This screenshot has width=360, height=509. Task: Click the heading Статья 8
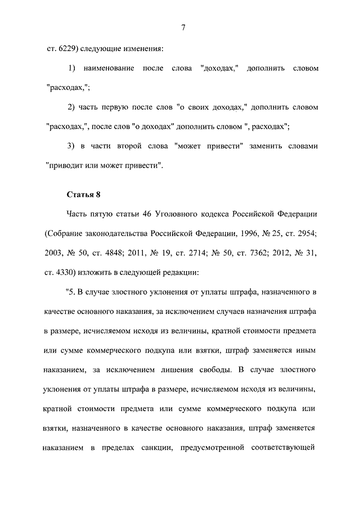(83, 195)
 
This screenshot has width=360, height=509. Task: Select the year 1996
(241, 234)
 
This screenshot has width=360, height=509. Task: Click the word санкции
(147, 449)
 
